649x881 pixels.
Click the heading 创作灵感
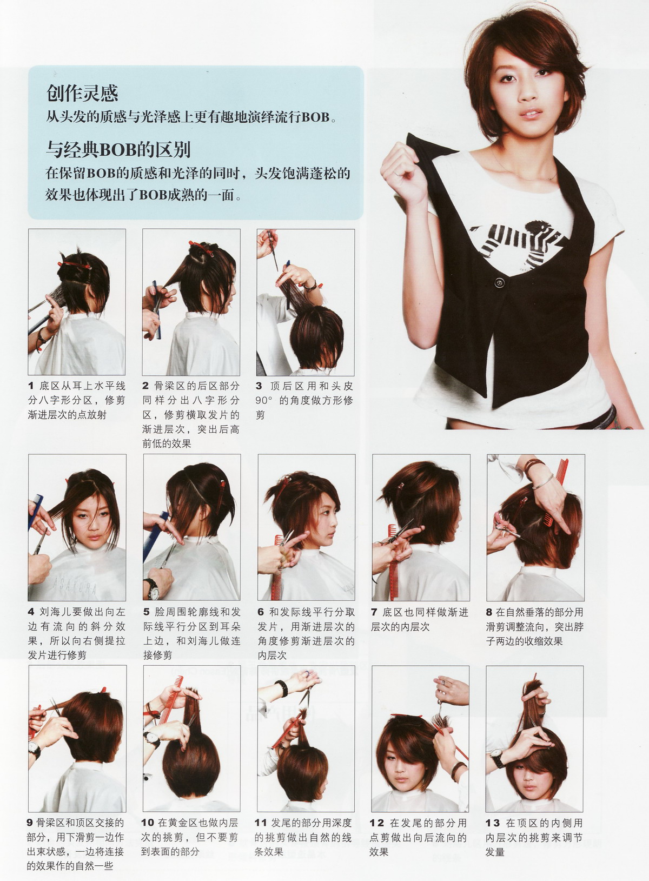[x=82, y=93]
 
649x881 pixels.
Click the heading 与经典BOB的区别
[x=118, y=150]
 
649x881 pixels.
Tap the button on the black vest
[x=500, y=282]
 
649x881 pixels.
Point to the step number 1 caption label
[x=31, y=386]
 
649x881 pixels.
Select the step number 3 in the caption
[x=259, y=386]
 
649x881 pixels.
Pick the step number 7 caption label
[x=374, y=612]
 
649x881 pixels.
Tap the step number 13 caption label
[x=493, y=823]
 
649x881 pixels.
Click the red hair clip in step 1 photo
[x=75, y=265]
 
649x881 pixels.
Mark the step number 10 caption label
[x=148, y=823]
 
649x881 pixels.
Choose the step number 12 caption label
[x=377, y=823]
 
